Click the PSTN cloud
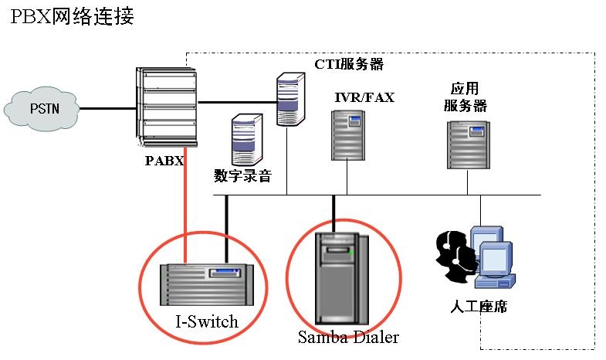coord(43,109)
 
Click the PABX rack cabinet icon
coord(166,107)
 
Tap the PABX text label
coord(164,161)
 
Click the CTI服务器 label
coord(349,64)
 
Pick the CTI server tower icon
coord(288,98)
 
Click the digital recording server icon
coord(243,139)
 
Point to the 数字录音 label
coord(242,176)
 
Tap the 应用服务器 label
coord(465,97)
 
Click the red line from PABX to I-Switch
coord(185,205)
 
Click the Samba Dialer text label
coord(348,337)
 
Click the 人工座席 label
coord(478,306)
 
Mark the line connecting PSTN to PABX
coord(109,108)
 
